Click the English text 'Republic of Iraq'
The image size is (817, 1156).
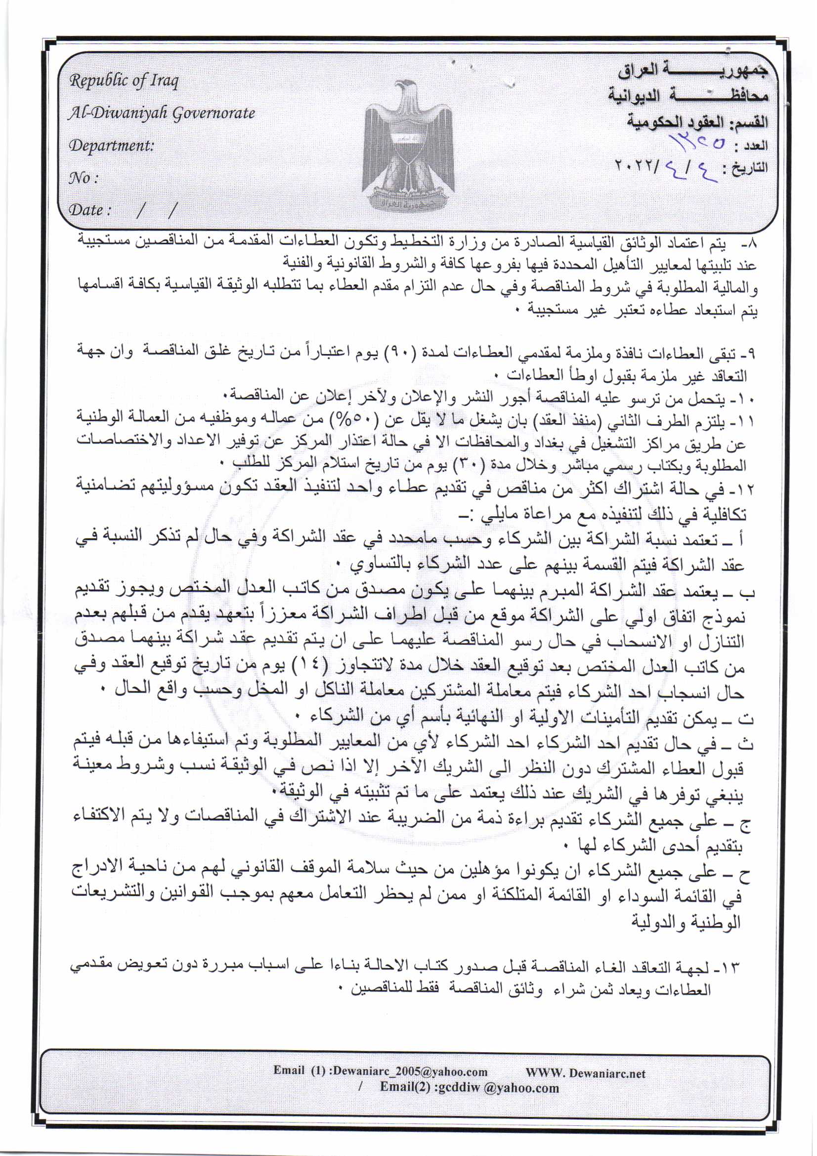124,81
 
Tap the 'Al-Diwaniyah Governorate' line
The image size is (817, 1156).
162,113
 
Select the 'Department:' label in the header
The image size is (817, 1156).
111,145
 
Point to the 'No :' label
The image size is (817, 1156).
83,178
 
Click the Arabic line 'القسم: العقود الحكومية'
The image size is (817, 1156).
697,121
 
